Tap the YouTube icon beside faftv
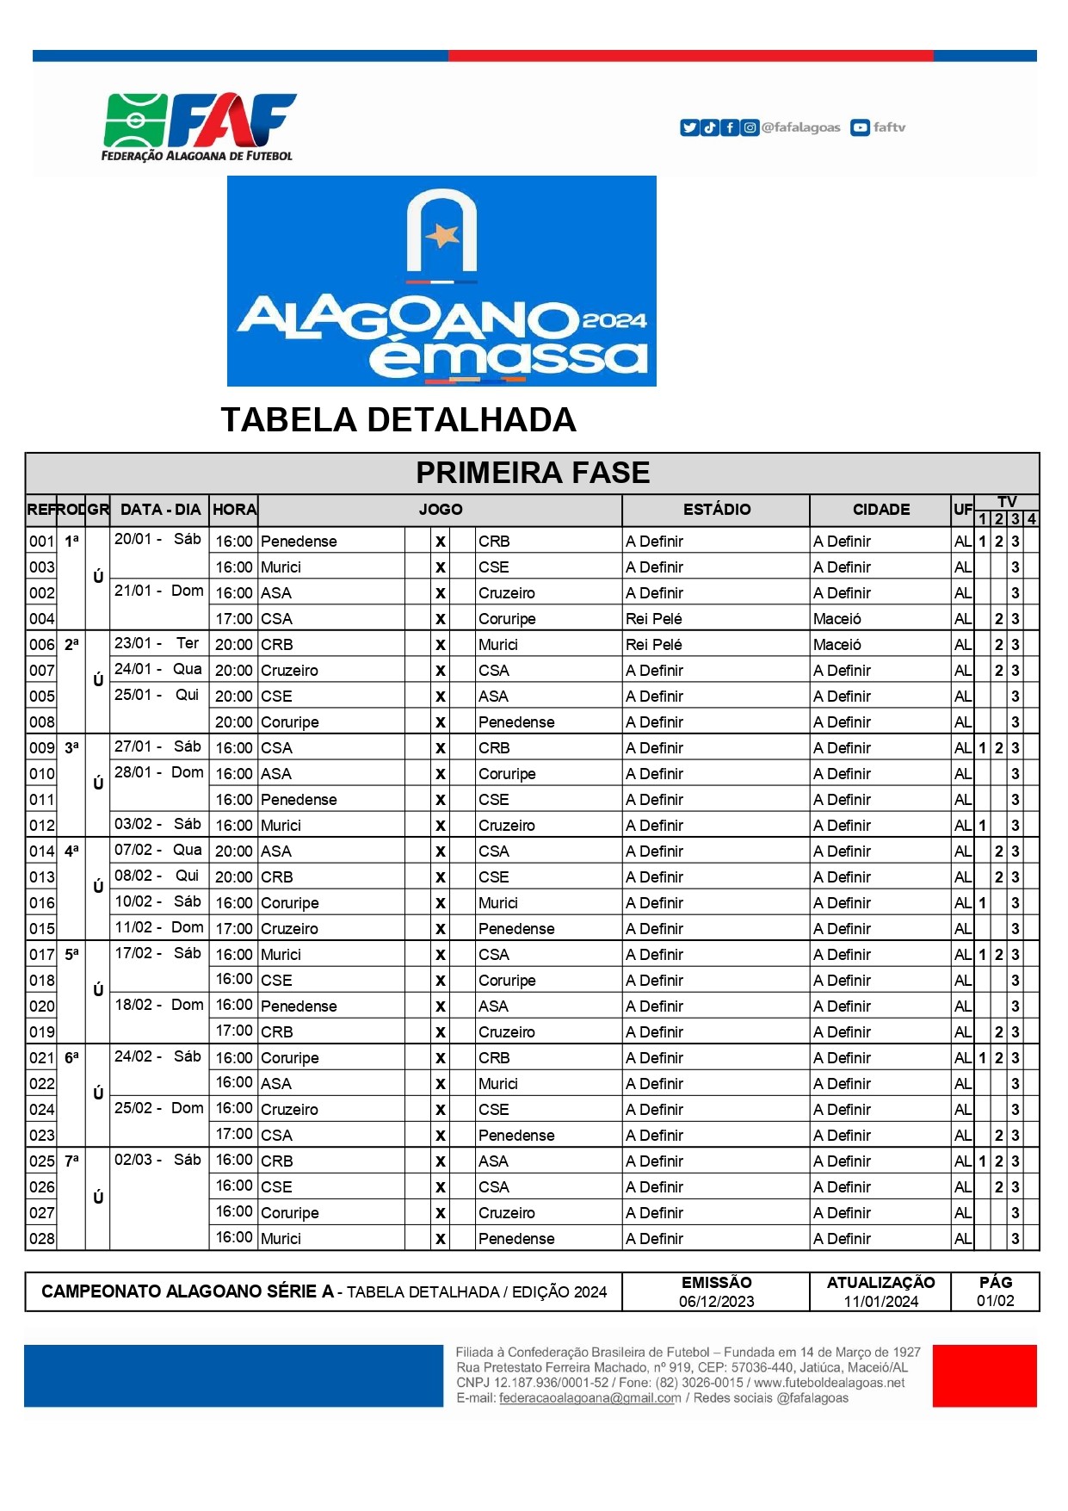pos(859,127)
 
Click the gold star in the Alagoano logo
pos(442,234)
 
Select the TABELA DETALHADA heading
pos(398,420)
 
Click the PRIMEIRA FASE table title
pos(533,473)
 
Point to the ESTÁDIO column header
pos(716,510)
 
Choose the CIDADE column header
pos(880,510)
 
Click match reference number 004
pos(41,619)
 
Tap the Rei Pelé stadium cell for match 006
pos(654,645)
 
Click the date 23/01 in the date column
pos(133,643)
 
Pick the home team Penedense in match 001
pos(299,542)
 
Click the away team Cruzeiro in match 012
pos(506,826)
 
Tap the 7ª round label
pos(71,1161)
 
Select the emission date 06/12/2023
pos(716,1301)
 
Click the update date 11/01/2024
pos(880,1301)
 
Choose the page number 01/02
pos(995,1301)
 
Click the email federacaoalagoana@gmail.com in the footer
pos(590,1398)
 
